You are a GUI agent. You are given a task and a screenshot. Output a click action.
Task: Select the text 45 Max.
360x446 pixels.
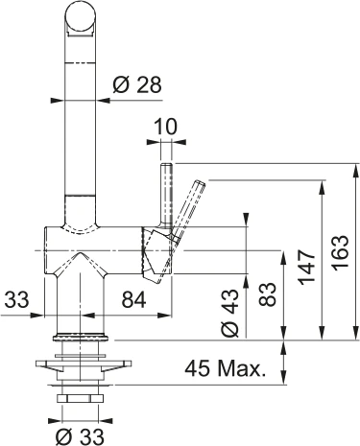pos(225,368)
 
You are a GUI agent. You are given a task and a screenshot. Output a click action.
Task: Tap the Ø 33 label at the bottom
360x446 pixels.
pos(82,434)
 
